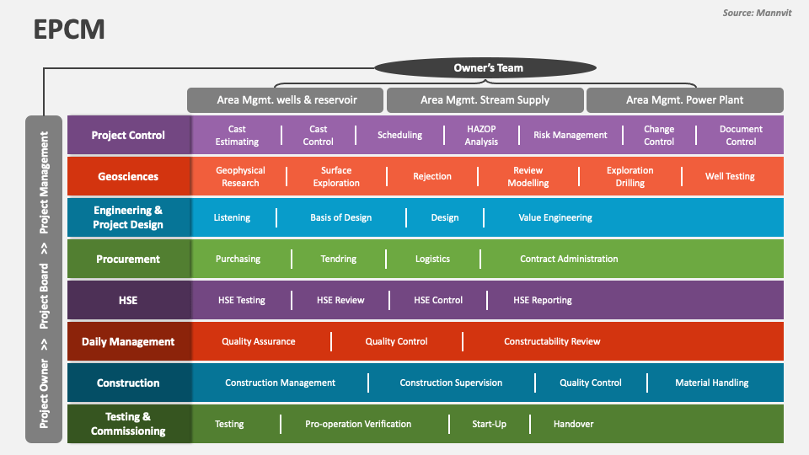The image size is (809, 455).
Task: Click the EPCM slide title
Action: (x=70, y=29)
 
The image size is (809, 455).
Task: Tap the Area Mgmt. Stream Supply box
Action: (x=485, y=100)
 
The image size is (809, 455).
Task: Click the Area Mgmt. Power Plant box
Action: (x=684, y=100)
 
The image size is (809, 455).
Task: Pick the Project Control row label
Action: (x=128, y=135)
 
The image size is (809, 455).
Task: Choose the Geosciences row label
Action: (x=128, y=177)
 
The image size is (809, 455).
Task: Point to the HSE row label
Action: (x=128, y=300)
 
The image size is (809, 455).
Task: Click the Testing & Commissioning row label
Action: (x=128, y=424)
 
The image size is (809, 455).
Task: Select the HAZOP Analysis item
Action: (x=481, y=136)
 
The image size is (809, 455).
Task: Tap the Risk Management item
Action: (x=571, y=135)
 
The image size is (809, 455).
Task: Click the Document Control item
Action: (x=741, y=136)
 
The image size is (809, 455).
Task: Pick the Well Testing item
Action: (x=730, y=177)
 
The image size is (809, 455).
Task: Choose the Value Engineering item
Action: (x=555, y=217)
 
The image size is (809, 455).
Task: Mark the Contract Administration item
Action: (x=569, y=259)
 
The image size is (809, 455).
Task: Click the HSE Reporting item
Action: (x=543, y=300)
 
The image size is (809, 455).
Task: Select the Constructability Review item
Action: (x=552, y=341)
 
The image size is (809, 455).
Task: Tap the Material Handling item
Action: (x=712, y=383)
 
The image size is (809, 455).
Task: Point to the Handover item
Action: (x=573, y=424)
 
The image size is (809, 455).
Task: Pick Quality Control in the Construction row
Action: (x=591, y=383)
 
